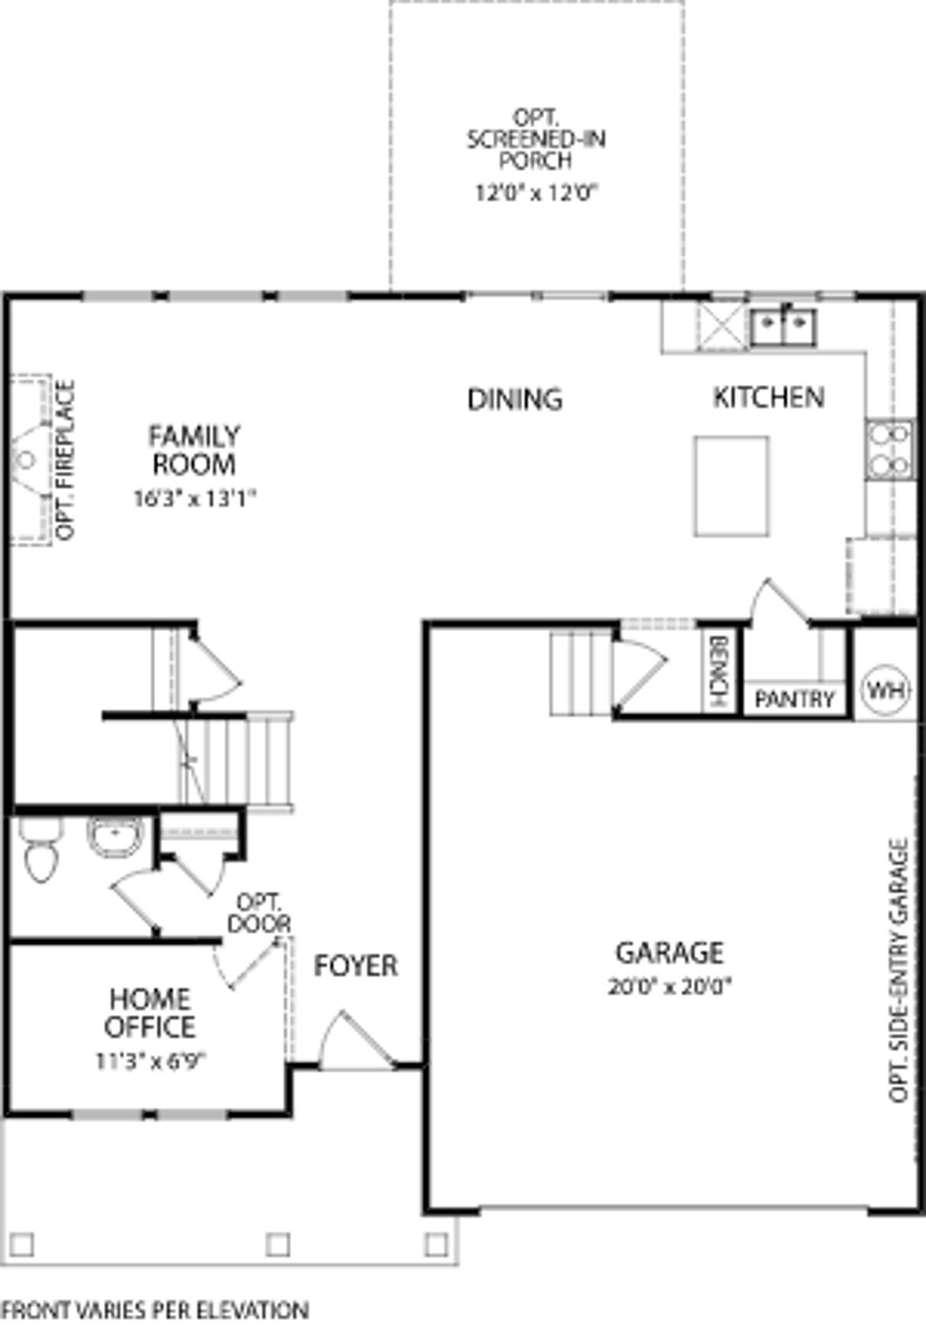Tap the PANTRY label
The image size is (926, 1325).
pos(795,700)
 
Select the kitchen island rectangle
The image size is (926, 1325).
pos(731,486)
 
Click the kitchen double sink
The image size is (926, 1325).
pos(783,327)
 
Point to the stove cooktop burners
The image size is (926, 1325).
pos(890,450)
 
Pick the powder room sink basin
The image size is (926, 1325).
pos(115,836)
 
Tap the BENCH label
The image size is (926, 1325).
pos(719,671)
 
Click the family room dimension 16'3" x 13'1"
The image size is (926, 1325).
pos(195,499)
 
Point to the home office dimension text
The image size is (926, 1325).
pos(150,1061)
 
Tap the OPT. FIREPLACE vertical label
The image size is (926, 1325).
pos(65,460)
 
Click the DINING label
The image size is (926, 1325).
pos(515,399)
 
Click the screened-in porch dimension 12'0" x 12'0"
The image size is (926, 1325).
pos(536,193)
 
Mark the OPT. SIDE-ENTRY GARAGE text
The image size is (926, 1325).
pos(898,971)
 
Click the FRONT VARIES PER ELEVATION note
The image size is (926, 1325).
pos(155,1310)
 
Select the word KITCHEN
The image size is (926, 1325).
pos(769,397)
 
